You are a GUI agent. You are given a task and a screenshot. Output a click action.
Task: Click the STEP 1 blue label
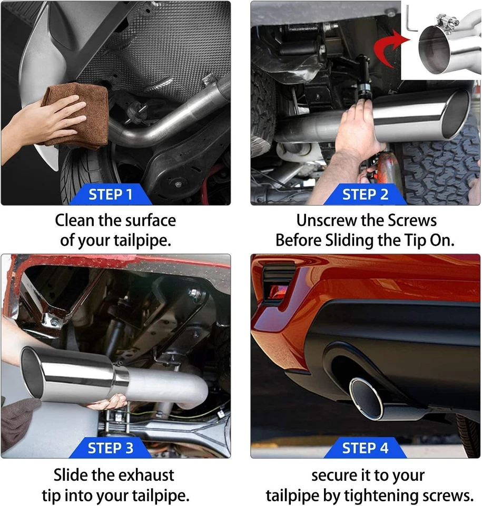click(x=110, y=194)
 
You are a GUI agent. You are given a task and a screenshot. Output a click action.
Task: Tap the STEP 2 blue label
click(x=365, y=194)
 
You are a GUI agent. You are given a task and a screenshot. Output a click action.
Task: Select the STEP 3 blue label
click(x=110, y=448)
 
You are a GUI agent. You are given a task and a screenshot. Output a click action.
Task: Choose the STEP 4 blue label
click(x=365, y=448)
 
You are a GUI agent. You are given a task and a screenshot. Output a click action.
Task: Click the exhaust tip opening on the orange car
click(x=367, y=399)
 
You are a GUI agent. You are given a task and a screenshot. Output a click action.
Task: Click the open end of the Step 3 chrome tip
click(x=32, y=373)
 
